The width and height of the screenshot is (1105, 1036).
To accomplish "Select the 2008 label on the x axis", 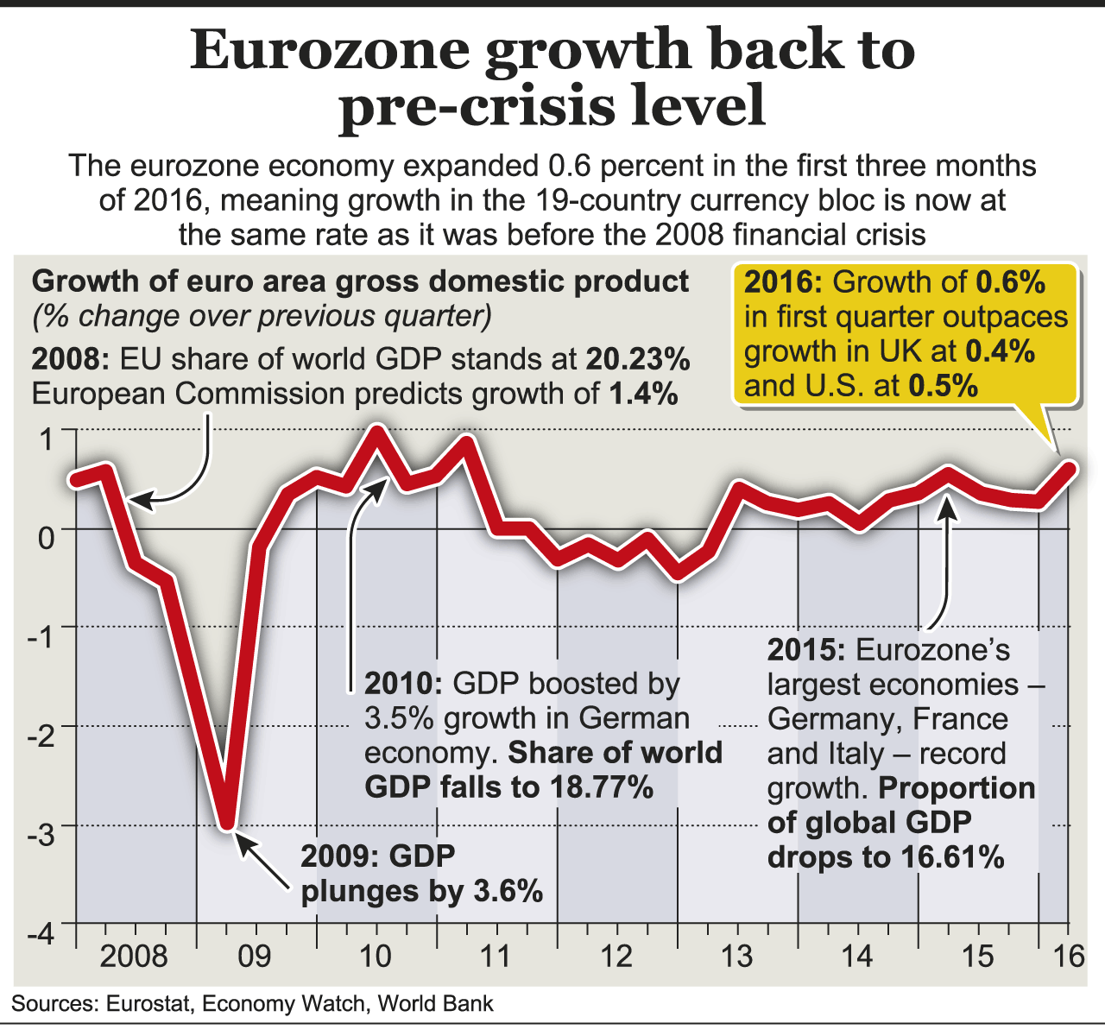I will (x=134, y=957).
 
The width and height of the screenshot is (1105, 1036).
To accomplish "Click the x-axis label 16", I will (x=1070, y=957).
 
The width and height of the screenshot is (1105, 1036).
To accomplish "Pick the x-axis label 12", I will (x=617, y=957).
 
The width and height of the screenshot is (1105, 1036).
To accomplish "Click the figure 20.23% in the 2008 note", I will (x=639, y=358).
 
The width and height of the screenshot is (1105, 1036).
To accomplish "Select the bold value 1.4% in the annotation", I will (x=643, y=394).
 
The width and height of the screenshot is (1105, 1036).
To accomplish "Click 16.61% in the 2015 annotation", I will (x=953, y=857).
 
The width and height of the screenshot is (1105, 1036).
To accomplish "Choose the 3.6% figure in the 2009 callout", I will (x=508, y=890).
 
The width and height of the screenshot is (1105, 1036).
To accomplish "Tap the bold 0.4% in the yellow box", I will (x=1001, y=351).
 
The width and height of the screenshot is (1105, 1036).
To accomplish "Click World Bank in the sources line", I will (x=436, y=1003).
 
